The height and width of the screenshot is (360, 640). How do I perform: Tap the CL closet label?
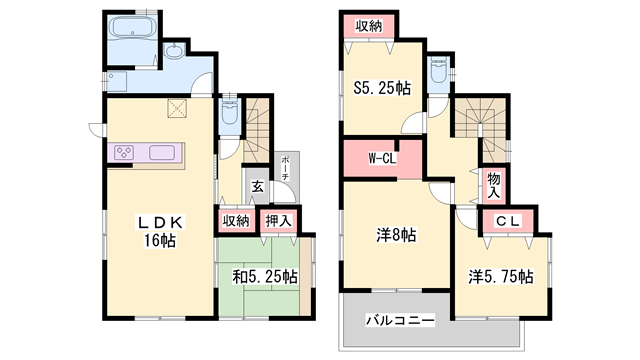point(505,221)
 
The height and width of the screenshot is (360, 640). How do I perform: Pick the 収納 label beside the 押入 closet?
point(235,221)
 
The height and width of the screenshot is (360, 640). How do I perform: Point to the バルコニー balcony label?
point(399,321)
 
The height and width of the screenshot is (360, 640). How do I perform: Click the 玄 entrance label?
point(257,186)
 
